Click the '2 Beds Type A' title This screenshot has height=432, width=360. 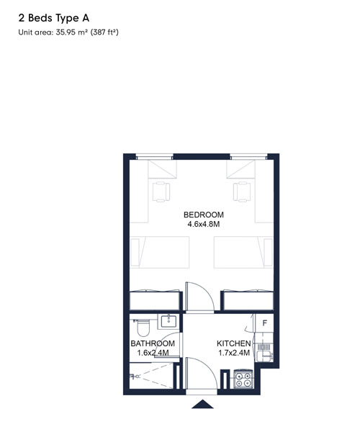click(54, 18)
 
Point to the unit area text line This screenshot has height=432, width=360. click(68, 32)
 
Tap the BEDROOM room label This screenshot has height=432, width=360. click(204, 215)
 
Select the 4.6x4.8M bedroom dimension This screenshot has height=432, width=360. click(204, 224)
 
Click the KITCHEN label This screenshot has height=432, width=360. click(233, 343)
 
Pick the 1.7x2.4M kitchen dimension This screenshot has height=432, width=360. click(234, 353)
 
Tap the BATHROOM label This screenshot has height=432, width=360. click(153, 343)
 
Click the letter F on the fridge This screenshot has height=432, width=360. click(265, 323)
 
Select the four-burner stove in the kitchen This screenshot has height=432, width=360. click(243, 379)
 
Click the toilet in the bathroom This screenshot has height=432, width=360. click(142, 328)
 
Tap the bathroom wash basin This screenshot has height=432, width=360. click(168, 321)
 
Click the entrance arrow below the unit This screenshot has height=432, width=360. click(202, 404)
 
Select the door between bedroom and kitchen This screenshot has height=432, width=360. click(199, 297)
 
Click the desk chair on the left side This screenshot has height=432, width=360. click(161, 192)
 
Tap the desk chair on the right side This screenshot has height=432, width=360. click(242, 192)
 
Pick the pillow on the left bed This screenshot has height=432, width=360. click(135, 252)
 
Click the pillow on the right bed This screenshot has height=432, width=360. click(268, 252)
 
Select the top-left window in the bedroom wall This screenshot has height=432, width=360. click(155, 157)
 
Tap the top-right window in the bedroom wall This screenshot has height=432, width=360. click(248, 157)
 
